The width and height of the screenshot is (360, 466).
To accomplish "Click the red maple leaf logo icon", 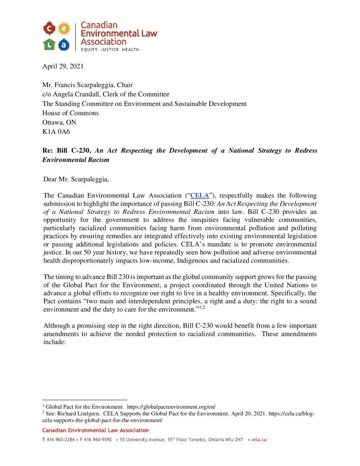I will [49, 28].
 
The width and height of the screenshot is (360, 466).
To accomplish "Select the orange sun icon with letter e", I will [65, 28].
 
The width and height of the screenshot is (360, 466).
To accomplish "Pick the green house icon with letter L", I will [49, 44].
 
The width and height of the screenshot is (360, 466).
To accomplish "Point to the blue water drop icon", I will [64, 44].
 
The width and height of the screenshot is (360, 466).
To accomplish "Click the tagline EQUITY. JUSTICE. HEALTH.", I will [111, 49].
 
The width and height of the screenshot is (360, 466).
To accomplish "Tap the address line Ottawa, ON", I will [60, 122].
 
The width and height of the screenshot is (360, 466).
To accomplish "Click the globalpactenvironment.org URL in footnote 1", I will [171, 406].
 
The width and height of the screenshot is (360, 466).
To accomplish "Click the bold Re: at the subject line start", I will [48, 151].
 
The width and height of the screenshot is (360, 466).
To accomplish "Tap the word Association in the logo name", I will [103, 42].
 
